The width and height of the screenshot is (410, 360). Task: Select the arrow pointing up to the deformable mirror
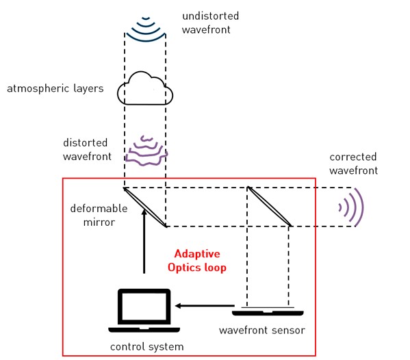pyautogui.click(x=144, y=241)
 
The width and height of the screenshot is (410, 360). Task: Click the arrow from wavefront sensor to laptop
pyautogui.click(x=205, y=306)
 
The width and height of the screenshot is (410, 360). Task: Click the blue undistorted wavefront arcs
pyautogui.click(x=146, y=38)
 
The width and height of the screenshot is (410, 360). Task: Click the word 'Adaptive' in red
pyautogui.click(x=197, y=254)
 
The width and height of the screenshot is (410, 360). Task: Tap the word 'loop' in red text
pyautogui.click(x=216, y=268)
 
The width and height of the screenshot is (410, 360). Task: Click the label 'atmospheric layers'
pyautogui.click(x=55, y=88)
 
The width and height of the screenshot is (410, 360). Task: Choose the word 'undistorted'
pyautogui.click(x=211, y=16)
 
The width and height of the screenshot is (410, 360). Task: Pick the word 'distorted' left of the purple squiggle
pyautogui.click(x=86, y=143)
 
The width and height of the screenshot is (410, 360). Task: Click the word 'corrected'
pyautogui.click(x=353, y=157)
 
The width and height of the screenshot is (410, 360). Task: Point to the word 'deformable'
pyautogui.click(x=99, y=208)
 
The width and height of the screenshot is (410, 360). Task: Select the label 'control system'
pyautogui.click(x=147, y=347)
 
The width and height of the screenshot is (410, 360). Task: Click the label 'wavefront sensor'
pyautogui.click(x=262, y=330)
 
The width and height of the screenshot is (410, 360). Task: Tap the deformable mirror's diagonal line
pyautogui.click(x=145, y=207)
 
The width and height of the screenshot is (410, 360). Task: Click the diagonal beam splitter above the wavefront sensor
pyautogui.click(x=269, y=206)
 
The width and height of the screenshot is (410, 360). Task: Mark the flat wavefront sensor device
pyautogui.click(x=268, y=311)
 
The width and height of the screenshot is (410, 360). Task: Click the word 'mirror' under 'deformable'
pyautogui.click(x=99, y=222)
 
